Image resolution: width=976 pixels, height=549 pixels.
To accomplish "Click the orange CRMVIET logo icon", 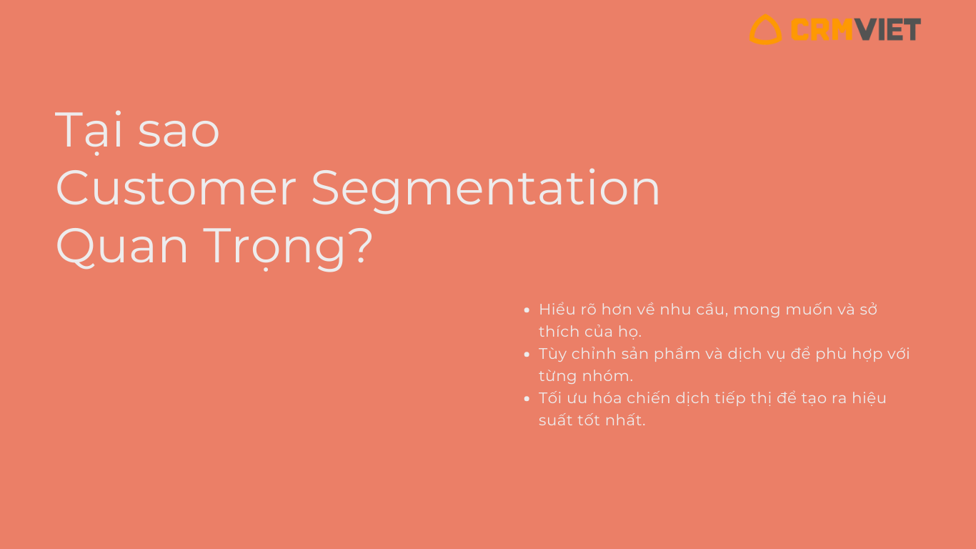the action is click(x=765, y=37).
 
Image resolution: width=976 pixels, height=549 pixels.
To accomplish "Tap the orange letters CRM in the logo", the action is click(x=822, y=29).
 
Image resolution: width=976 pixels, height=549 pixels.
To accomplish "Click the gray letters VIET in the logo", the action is click(x=887, y=29).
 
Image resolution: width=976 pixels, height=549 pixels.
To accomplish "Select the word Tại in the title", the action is click(x=89, y=131).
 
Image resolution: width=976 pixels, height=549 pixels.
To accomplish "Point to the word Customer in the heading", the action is click(x=176, y=189).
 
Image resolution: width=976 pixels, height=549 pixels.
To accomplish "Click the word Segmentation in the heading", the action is click(x=485, y=191).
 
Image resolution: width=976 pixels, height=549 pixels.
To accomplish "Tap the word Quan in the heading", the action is click(x=121, y=247).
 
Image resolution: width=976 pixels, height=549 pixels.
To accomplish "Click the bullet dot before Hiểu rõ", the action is click(x=527, y=310).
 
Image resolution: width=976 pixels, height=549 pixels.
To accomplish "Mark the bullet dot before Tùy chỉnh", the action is click(x=527, y=354).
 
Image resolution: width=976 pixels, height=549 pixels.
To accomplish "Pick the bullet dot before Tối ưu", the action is click(x=527, y=399).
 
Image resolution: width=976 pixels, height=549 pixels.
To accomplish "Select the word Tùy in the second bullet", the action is click(x=552, y=355).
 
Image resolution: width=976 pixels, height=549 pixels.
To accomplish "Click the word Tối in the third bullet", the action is click(x=550, y=397).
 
